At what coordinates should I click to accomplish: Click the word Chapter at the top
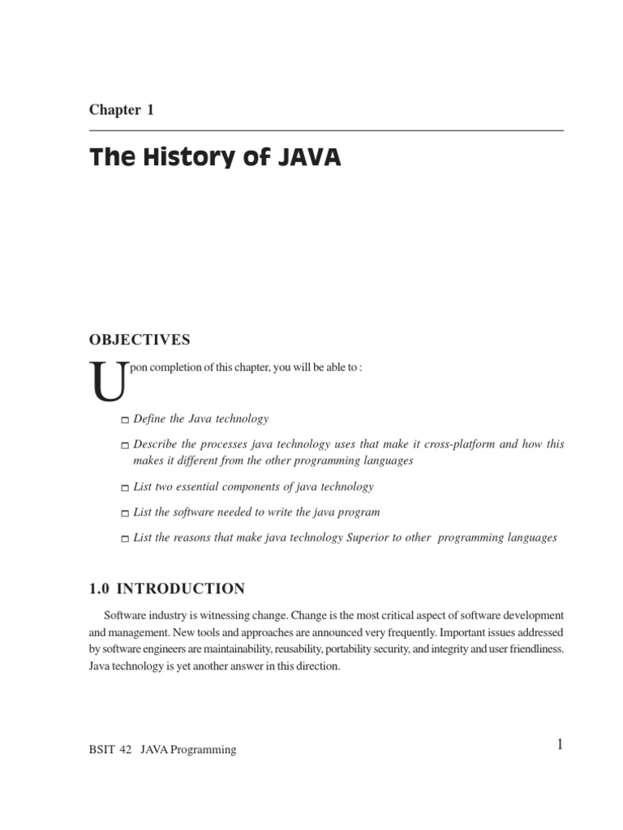pos(114,110)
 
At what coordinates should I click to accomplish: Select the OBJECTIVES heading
pos(140,340)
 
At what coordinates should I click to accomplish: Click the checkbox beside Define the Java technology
pos(124,420)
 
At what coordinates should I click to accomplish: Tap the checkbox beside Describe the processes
pos(124,446)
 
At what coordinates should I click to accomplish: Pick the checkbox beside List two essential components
pos(124,488)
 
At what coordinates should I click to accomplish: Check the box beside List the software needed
pos(124,513)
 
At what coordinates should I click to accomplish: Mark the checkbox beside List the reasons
pos(124,539)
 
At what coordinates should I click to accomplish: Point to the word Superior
pos(366,537)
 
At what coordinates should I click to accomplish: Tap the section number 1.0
pos(101,588)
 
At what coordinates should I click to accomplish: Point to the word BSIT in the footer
pos(102,750)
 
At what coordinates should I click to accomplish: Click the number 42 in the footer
pos(127,750)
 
